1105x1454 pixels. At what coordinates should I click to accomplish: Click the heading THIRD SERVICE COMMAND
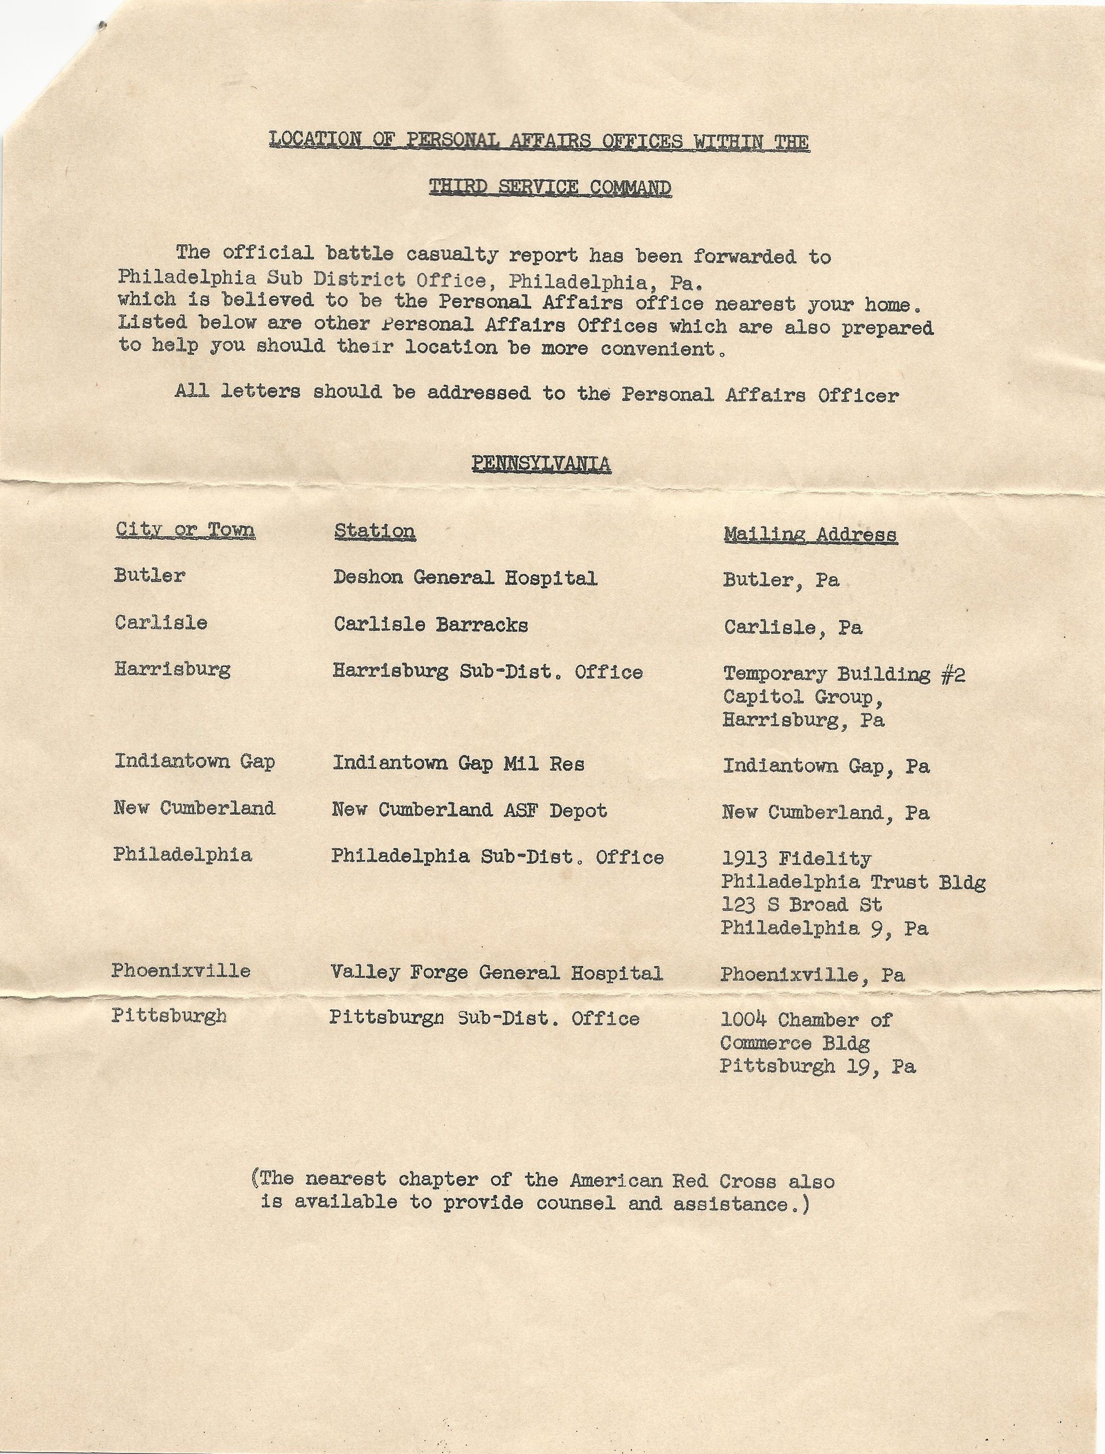tap(550, 188)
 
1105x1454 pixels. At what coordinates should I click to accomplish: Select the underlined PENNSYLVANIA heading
tap(541, 464)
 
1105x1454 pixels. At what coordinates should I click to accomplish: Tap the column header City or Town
tap(185, 530)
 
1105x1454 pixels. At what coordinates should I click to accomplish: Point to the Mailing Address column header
tap(810, 534)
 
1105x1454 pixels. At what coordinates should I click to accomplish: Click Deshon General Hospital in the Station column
tap(465, 578)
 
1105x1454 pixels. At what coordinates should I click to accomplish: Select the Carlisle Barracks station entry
tap(430, 625)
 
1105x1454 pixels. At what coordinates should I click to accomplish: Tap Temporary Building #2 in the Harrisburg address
tap(844, 674)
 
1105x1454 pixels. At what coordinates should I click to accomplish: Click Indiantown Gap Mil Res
tap(458, 763)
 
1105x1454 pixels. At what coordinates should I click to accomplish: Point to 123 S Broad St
tap(801, 905)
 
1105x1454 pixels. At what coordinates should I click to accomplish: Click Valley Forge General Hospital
tap(497, 972)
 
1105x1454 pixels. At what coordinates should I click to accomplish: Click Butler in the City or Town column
tap(149, 575)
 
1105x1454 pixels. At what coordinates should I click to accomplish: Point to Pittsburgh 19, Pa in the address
tap(817, 1066)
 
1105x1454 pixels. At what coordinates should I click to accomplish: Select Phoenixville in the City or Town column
tap(181, 971)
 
